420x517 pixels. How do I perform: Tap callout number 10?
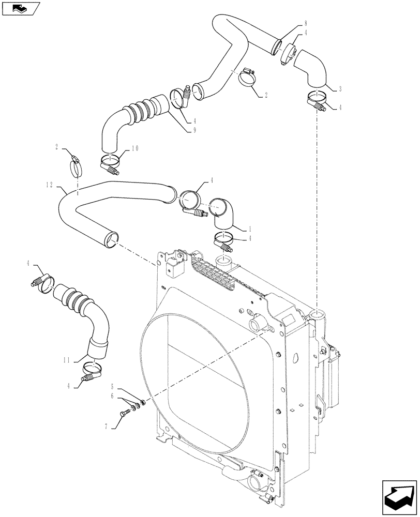click(x=134, y=148)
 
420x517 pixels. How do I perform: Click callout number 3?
click(x=339, y=89)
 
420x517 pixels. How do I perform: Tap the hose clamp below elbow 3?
click(x=317, y=99)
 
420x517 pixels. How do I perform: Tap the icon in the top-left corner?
click(x=21, y=8)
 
